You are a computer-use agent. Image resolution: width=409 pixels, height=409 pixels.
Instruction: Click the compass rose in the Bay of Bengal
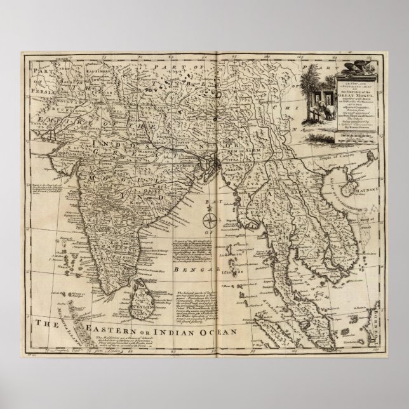point(208,221)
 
